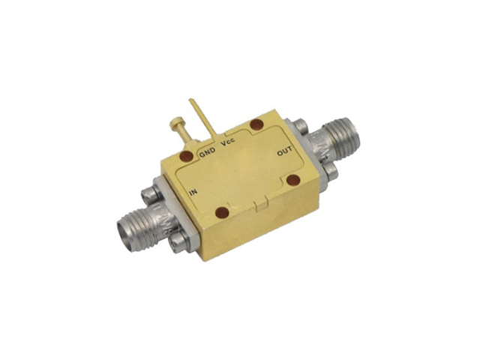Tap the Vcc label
point(228,143)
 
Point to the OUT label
point(284,151)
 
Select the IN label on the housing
point(193,193)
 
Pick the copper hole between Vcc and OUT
point(256,125)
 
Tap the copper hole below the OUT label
point(293,180)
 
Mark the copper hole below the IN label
point(222,213)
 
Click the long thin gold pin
point(202,117)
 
